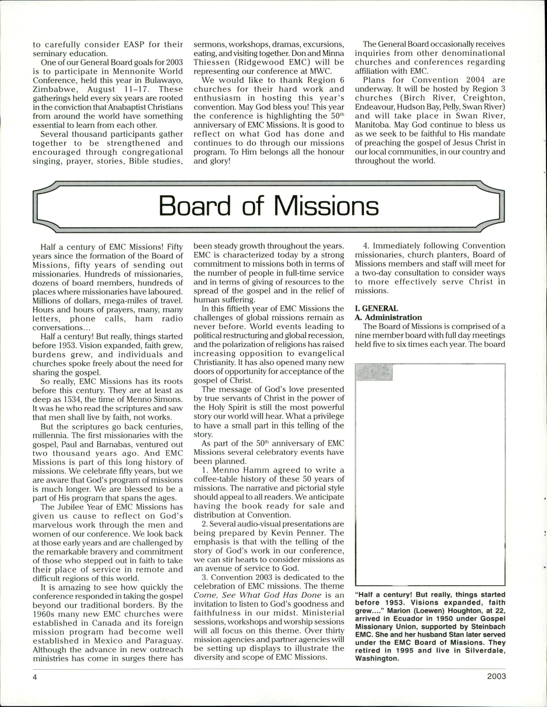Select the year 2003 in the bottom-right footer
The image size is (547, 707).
pos(496,677)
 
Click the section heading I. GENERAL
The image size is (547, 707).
pos(376,309)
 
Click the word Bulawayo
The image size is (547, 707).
pos(165,80)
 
